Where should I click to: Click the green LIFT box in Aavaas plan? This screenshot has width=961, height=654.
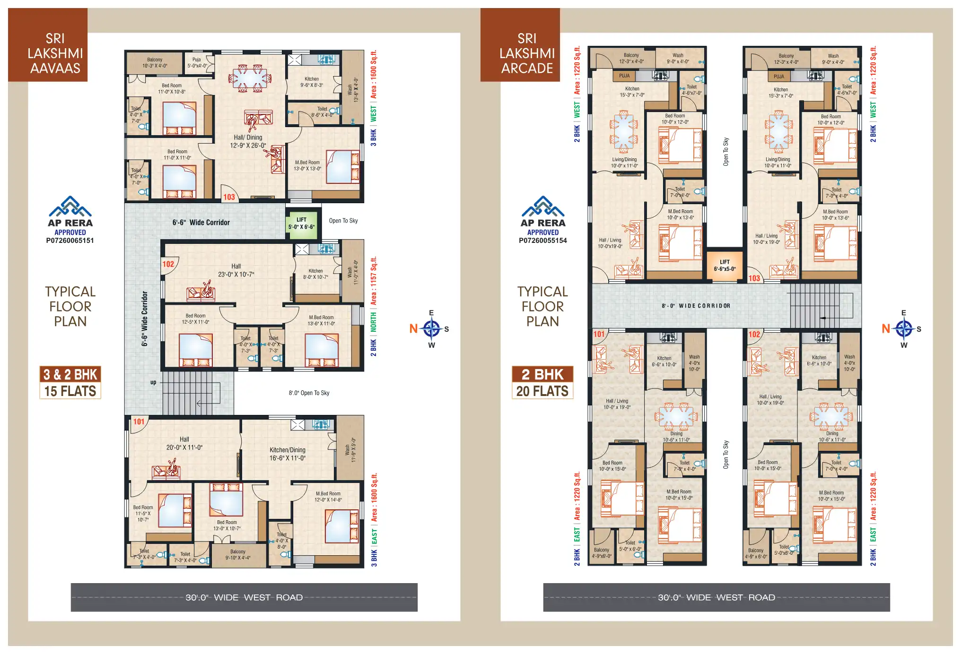tap(301, 223)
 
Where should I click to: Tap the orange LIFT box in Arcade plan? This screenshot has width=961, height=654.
tap(724, 265)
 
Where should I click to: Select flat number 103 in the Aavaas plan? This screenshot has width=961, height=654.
tap(229, 197)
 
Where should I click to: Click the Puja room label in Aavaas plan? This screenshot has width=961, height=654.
tap(197, 63)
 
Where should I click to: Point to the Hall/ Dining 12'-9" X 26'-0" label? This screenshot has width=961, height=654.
tap(248, 141)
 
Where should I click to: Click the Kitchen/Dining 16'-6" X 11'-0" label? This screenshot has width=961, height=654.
tap(288, 454)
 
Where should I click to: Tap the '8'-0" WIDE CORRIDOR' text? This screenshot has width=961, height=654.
tap(696, 306)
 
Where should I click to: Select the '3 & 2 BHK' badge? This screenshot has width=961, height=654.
tap(70, 375)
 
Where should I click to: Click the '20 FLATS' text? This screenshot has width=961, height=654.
tap(542, 391)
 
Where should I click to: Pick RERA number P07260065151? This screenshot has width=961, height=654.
tap(70, 241)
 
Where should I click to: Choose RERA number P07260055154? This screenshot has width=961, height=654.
tap(542, 241)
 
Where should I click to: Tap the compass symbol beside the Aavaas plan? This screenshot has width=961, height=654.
tap(431, 328)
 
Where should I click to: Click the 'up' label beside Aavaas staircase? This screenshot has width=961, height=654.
tap(153, 382)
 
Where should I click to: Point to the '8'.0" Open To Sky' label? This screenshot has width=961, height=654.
tap(309, 393)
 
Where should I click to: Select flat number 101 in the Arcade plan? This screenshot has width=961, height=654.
tap(599, 334)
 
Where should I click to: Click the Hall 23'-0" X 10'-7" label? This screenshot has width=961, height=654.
tap(236, 270)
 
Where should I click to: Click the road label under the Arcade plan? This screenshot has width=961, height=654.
tap(716, 597)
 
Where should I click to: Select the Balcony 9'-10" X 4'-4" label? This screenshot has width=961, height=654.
tap(238, 554)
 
